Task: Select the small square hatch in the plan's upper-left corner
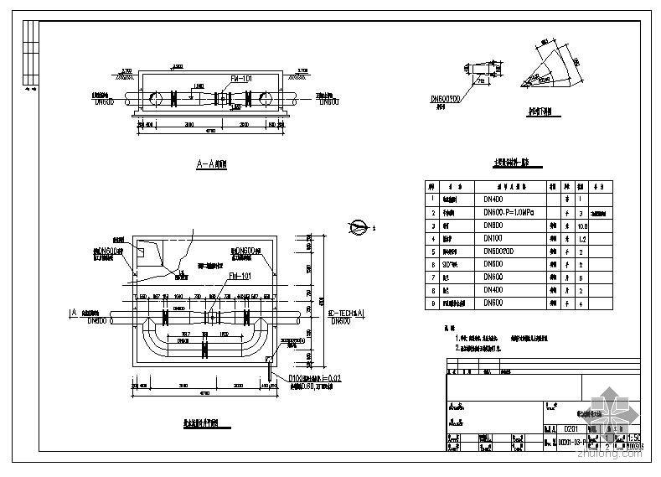144,251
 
